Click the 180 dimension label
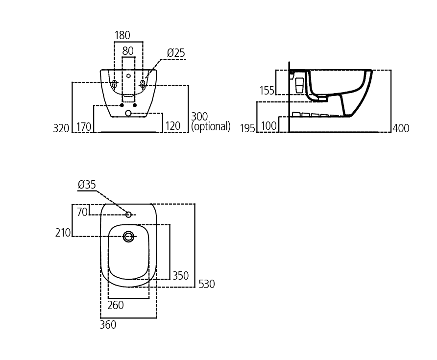point(122,36)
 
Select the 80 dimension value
point(128,51)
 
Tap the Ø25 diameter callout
point(176,53)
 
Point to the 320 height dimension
point(61,128)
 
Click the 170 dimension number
point(84,127)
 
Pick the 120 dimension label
point(172,126)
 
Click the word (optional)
point(211,126)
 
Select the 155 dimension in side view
point(267,91)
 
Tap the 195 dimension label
point(248,128)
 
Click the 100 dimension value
point(269,126)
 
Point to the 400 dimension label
point(401,128)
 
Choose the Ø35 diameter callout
point(87,185)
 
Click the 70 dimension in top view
point(82,212)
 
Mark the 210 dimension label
point(63,233)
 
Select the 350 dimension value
point(180,276)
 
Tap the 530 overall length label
point(206,284)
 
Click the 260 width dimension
point(116,306)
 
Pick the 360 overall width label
point(108,325)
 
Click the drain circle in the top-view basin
point(128,237)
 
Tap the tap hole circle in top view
point(128,215)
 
